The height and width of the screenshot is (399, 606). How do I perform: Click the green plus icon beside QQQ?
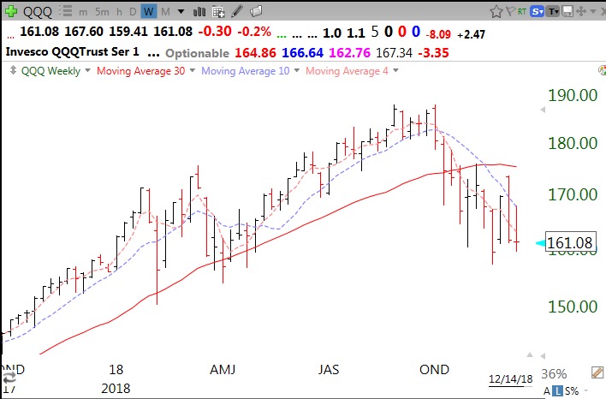(11, 12)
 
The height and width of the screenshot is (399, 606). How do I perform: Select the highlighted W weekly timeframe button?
(149, 12)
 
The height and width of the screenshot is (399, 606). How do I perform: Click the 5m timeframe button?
(102, 12)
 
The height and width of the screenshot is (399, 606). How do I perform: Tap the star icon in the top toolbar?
(497, 12)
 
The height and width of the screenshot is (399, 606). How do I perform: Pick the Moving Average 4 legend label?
(342, 71)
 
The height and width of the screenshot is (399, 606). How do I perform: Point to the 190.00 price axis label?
(573, 94)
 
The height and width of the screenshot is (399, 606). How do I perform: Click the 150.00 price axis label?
(573, 307)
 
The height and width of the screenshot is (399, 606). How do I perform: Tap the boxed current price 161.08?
(571, 244)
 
